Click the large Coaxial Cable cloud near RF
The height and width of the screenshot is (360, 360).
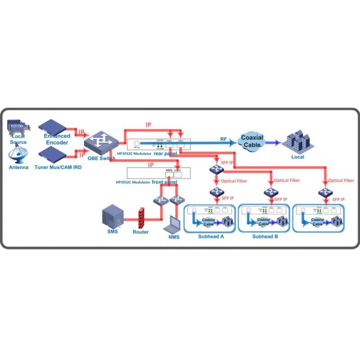pyautogui.click(x=252, y=141)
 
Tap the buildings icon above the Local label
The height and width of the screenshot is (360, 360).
pyautogui.click(x=297, y=141)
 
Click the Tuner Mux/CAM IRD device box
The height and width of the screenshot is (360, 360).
pyautogui.click(x=54, y=155)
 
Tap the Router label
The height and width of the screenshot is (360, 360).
pyautogui.click(x=140, y=232)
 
